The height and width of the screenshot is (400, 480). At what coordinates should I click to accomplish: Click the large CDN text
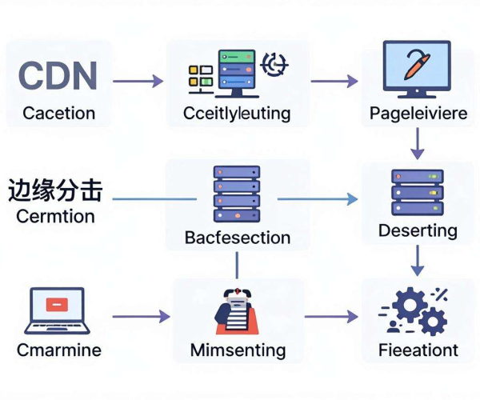pos(58,75)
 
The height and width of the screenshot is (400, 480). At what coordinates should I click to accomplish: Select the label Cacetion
pos(58,114)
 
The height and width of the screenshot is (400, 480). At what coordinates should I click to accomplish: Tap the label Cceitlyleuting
pos(237,114)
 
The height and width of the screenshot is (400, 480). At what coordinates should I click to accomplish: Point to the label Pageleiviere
pos(418,114)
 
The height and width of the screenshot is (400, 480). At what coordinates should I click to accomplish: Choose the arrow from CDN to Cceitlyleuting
pos(138,81)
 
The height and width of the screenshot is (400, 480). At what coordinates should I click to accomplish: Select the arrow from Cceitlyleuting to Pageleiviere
pos(334,81)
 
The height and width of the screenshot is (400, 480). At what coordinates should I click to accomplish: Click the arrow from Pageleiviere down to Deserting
pos(418,143)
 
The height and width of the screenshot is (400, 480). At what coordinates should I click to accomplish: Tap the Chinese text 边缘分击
pos(55,190)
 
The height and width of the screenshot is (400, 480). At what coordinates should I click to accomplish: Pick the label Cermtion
pos(55,216)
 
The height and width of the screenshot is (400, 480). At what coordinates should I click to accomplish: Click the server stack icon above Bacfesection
pos(237,194)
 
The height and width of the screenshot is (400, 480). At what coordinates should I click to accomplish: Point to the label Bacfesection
pos(238,238)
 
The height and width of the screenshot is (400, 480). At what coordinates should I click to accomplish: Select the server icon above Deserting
pos(418,193)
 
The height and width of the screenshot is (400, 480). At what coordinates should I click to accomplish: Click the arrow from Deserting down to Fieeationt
pos(418,261)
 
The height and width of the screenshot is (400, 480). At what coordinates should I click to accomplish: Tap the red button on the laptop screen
pos(57,305)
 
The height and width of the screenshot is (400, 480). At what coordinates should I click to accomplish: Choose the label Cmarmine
pos(59,350)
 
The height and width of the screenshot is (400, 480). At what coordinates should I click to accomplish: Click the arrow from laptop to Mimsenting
pos(141,316)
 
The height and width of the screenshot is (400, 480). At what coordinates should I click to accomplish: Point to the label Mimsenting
pos(238,350)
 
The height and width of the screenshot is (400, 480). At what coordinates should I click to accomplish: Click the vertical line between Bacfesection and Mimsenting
pos(237,265)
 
